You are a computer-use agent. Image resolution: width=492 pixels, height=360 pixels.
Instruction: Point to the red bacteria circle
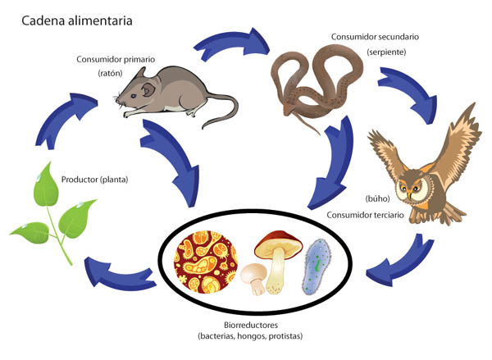pos(206,262)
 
